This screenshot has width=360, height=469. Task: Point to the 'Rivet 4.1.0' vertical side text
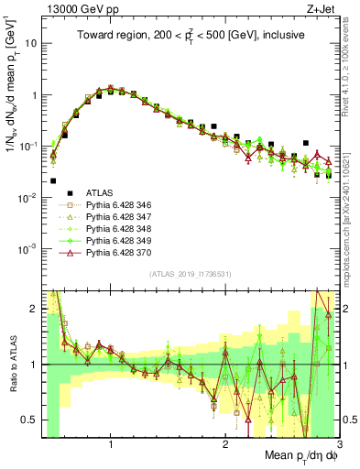click(352, 64)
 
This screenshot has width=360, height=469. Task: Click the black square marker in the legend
click(69, 192)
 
